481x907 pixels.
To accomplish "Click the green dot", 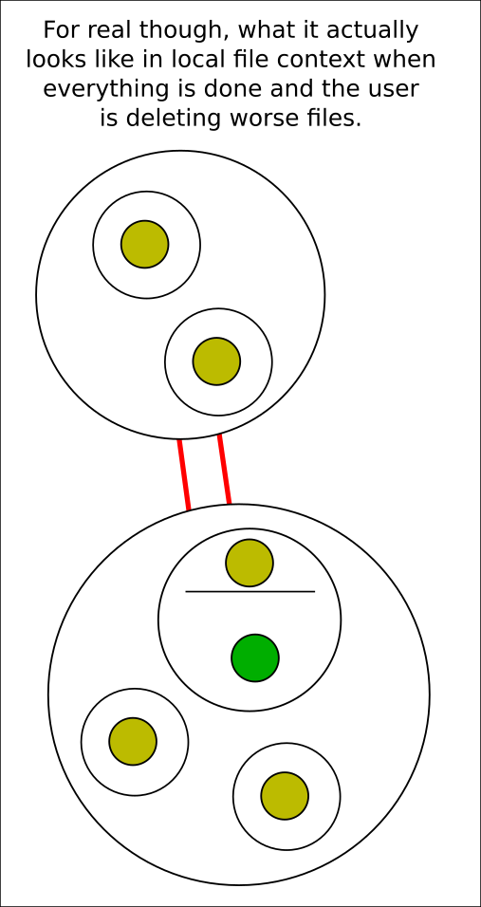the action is [x=255, y=657].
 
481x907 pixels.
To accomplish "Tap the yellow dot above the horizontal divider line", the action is [x=250, y=563].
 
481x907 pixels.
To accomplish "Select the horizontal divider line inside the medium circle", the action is [x=250, y=592].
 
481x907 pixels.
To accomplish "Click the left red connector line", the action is [x=184, y=475].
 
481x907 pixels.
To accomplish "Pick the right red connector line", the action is [x=224, y=469].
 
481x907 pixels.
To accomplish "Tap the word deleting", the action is [x=175, y=120].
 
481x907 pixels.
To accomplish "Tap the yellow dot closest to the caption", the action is [x=144, y=244].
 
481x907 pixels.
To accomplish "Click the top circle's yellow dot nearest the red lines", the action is [x=217, y=361].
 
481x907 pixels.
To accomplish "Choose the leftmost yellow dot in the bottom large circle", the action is [x=133, y=742].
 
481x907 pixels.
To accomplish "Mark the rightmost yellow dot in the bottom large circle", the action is [x=285, y=796].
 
